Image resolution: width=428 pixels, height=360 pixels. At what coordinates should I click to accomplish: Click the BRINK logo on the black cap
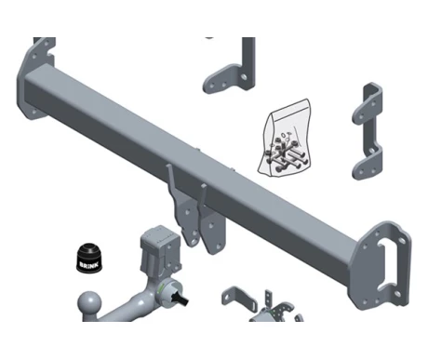(89, 265)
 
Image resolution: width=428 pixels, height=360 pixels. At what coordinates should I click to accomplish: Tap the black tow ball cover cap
(89, 259)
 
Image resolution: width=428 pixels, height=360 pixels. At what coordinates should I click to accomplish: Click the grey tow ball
(89, 304)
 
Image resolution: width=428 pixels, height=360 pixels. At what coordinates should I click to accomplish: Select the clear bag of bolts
(284, 138)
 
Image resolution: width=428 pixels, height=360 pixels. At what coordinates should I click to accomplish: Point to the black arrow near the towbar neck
(181, 300)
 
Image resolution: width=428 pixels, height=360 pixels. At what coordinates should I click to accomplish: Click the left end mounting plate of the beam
(35, 79)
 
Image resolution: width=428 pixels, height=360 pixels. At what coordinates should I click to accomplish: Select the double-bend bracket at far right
(368, 131)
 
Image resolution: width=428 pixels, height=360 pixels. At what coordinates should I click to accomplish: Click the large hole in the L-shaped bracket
(245, 76)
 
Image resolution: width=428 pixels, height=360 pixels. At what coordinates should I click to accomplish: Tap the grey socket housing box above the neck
(160, 249)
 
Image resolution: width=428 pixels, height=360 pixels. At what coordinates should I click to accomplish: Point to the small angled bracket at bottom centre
(238, 299)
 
